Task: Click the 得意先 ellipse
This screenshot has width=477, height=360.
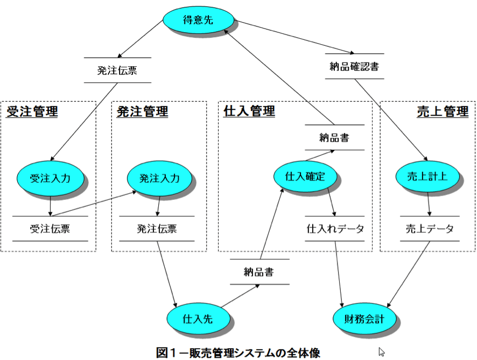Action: tap(198, 20)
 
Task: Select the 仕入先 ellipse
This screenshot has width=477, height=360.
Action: tap(198, 319)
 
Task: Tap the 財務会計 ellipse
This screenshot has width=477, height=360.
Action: tap(364, 319)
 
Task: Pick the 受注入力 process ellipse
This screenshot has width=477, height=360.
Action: tap(50, 178)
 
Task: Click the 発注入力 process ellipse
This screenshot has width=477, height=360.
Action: tap(160, 178)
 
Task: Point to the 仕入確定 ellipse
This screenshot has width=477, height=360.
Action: tap(305, 176)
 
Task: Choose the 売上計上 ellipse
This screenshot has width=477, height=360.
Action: tap(427, 176)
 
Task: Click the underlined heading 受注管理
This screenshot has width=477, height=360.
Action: tap(32, 111)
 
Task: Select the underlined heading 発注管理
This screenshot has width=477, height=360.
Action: tap(142, 112)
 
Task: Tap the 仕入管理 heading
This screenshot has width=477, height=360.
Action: tap(249, 111)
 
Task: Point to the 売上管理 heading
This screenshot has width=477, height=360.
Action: tap(443, 112)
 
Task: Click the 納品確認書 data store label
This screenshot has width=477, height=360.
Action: tap(354, 66)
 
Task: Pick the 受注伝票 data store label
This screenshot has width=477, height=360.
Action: tap(50, 229)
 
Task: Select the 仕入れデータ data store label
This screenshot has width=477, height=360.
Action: tap(335, 229)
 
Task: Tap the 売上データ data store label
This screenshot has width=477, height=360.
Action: tap(430, 229)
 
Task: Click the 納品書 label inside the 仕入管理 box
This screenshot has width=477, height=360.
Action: tap(334, 137)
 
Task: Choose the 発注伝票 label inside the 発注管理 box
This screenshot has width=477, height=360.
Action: tap(157, 229)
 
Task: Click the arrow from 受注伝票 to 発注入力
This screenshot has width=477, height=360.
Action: tap(94, 204)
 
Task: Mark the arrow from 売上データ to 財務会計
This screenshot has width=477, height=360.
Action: tap(408, 274)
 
